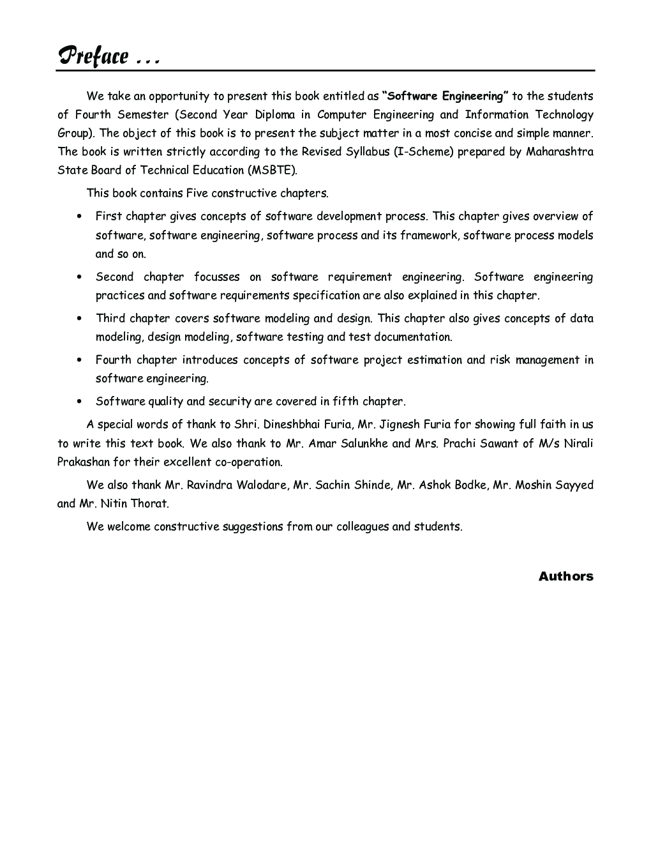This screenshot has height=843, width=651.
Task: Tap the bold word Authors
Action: (x=565, y=576)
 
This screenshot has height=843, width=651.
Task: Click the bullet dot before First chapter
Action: (x=79, y=216)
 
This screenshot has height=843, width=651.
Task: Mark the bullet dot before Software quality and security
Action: (x=79, y=402)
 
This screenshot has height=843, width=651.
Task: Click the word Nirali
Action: (x=578, y=443)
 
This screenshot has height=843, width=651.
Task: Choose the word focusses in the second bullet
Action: (x=217, y=277)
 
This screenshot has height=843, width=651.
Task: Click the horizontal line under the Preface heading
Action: (x=325, y=70)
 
